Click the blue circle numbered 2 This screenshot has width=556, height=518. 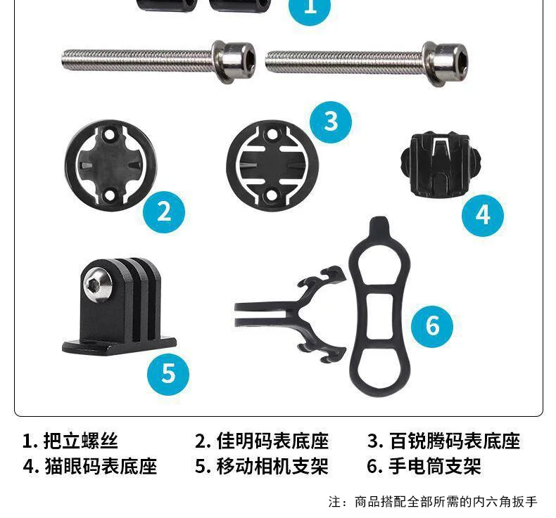point(164,212)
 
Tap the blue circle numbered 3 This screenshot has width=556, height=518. point(331,122)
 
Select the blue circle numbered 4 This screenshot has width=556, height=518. point(483,215)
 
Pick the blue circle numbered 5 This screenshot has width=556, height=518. point(168,374)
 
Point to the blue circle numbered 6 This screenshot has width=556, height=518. point(432,326)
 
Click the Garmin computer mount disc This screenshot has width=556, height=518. point(110,165)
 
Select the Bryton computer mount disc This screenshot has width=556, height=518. point(272,166)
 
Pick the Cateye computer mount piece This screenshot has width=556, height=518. point(441,164)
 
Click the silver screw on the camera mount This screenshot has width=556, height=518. point(98,285)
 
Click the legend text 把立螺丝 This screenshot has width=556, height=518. point(80,441)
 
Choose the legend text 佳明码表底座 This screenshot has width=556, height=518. point(272,441)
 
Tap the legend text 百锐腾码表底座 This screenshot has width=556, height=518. point(455,441)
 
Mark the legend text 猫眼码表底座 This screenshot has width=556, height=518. point(101,466)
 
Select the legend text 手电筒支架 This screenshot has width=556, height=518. point(434,466)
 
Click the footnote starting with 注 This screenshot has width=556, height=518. point(433,502)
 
